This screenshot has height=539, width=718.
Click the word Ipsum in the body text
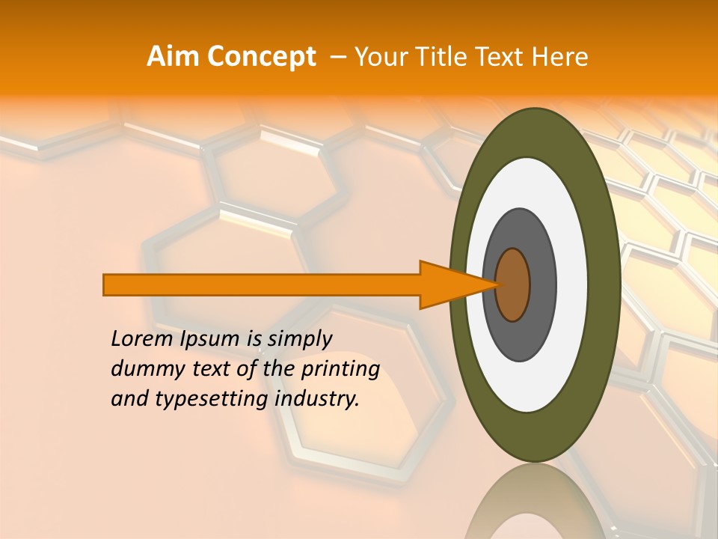pos(210,339)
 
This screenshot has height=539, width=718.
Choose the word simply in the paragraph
pos(299,339)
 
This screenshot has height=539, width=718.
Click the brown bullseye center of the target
pos(513,284)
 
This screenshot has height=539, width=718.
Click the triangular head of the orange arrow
pos(449,284)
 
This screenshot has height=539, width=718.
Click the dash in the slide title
pos(337,57)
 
